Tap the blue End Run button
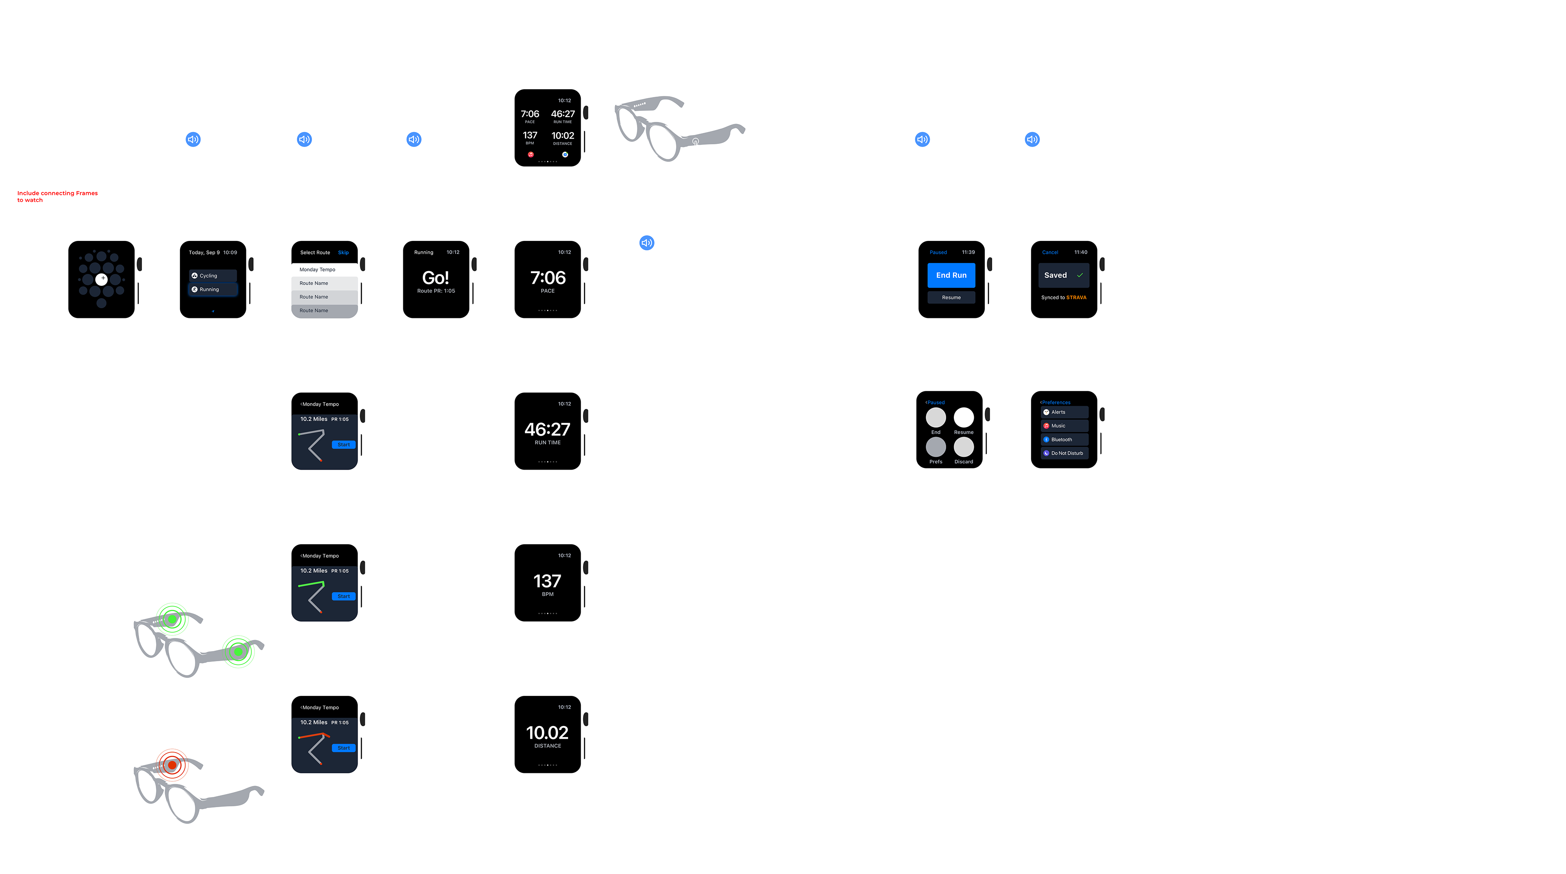951,275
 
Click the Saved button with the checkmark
1063,275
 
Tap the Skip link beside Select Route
343,253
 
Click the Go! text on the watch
435,278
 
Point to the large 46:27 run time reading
547,430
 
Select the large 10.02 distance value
547,733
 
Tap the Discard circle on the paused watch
964,447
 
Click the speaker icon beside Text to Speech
646,243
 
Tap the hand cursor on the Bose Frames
697,146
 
